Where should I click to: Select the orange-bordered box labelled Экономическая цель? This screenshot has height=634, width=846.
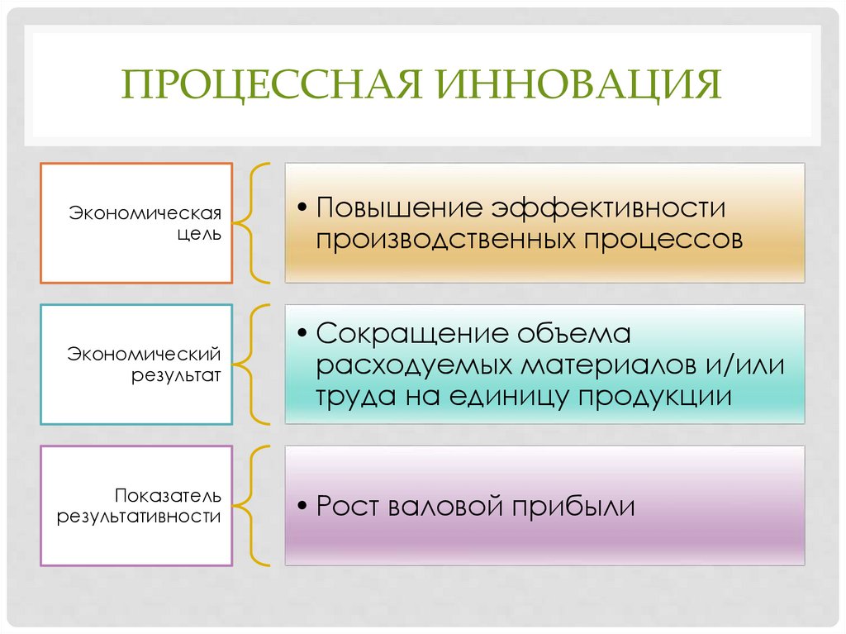click(x=136, y=223)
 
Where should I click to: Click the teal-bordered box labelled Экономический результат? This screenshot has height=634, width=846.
click(x=136, y=365)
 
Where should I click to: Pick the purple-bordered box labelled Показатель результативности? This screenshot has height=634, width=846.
click(x=136, y=506)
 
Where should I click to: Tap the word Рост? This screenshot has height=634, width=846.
click(x=348, y=506)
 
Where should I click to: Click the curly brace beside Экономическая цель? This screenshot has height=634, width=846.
click(x=255, y=223)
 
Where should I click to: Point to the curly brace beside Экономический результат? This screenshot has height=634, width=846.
click(x=255, y=365)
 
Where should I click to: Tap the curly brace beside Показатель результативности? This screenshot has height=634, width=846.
click(x=255, y=506)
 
